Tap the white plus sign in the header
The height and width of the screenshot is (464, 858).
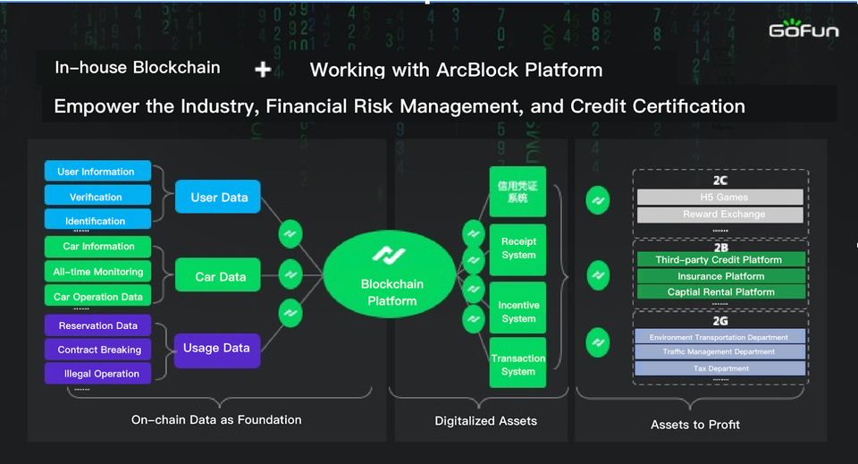pos(263,69)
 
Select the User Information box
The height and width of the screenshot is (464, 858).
pos(97,172)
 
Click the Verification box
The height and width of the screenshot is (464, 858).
pos(97,197)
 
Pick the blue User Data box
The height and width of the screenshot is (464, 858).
pos(218,197)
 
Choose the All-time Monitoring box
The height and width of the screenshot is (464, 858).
pos(97,272)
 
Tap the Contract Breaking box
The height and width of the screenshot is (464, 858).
pos(98,350)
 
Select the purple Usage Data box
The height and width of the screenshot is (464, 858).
pos(216,349)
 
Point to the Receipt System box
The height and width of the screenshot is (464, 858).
pos(518,248)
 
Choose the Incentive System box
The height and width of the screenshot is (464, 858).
pos(518,311)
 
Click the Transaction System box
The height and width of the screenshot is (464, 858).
pos(518,364)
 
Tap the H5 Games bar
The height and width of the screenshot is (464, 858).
pos(720,197)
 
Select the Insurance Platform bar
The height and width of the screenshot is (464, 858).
pos(720,276)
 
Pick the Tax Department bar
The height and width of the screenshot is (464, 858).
pos(720,368)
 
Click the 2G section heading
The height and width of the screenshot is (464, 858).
pos(720,319)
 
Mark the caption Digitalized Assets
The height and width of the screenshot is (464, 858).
pos(486,420)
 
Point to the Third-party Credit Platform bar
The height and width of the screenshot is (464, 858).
pos(720,260)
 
